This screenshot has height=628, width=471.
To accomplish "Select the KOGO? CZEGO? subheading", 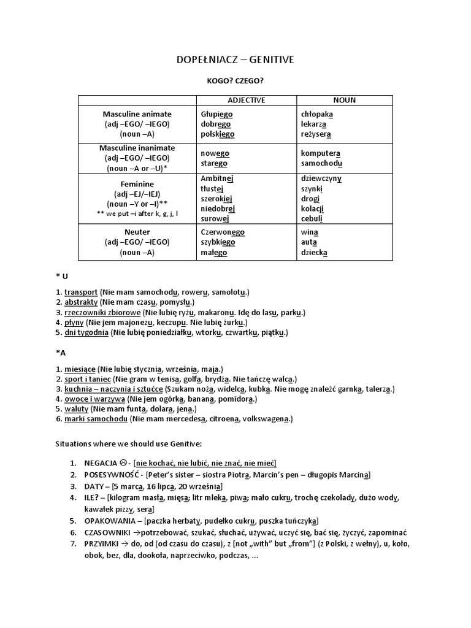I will (235, 80).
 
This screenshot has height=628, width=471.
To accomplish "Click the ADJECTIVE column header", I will (246, 100).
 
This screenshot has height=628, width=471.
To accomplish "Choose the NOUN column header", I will (344, 100).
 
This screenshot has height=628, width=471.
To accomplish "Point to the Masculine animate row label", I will (137, 114).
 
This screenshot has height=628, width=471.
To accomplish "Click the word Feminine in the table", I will (137, 184).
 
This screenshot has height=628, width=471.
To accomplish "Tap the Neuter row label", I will (137, 232).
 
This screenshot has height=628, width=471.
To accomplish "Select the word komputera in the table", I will (321, 153).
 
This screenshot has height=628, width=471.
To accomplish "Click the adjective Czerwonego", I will (223, 232).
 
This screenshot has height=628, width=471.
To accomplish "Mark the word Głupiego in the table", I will (216, 114).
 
